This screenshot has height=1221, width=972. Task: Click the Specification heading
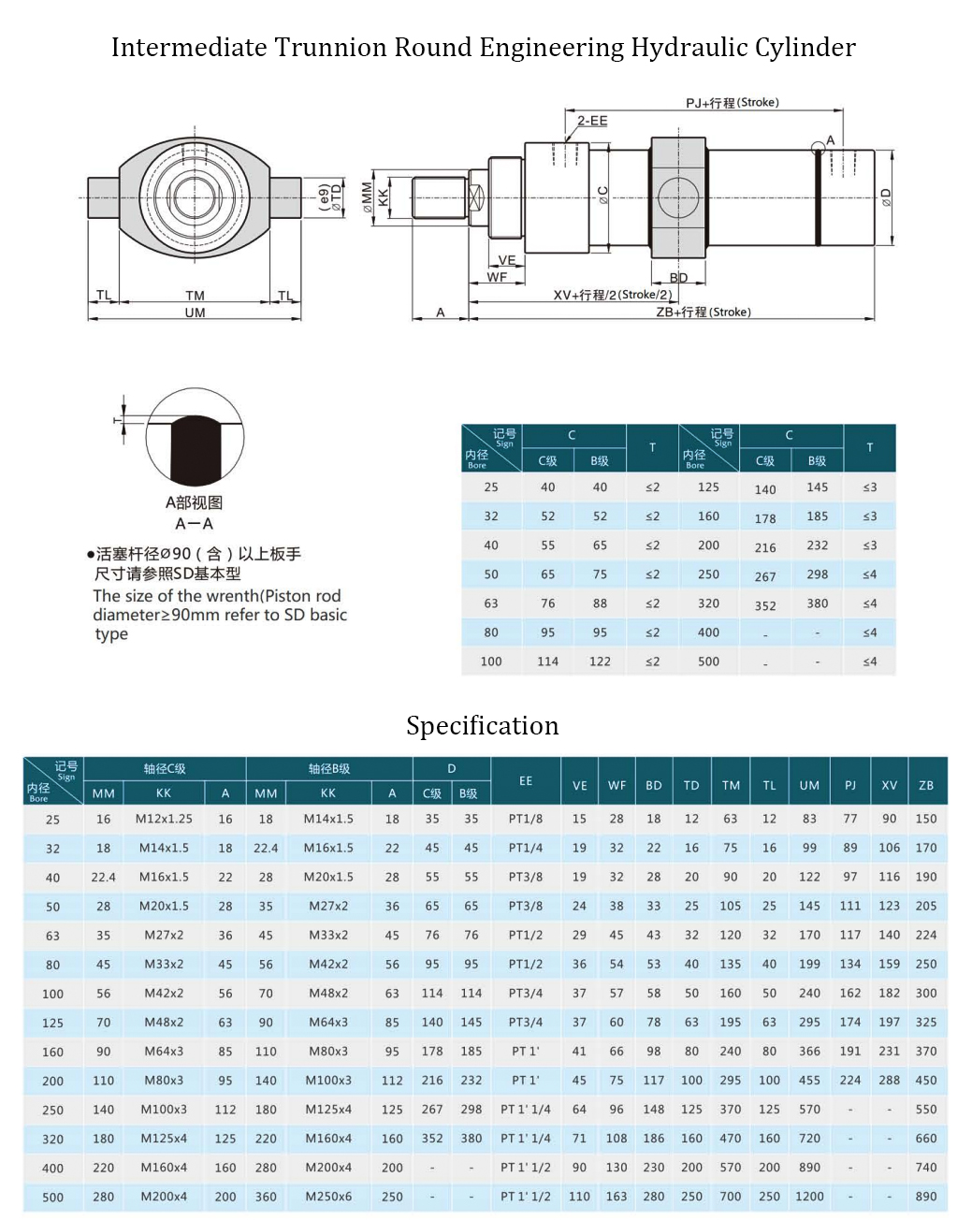(482, 726)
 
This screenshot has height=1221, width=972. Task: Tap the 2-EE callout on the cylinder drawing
(592, 121)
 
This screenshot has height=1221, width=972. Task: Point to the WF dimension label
(497, 277)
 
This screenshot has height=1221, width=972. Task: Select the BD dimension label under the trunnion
(678, 278)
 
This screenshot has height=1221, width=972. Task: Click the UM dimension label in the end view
(195, 313)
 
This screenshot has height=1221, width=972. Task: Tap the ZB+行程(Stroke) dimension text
(703, 313)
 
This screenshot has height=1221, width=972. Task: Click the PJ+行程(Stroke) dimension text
(732, 102)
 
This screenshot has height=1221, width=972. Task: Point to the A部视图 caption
(194, 503)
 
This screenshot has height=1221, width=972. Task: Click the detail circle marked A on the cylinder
(819, 146)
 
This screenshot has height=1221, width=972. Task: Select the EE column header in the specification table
(526, 780)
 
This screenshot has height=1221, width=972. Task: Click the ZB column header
(926, 786)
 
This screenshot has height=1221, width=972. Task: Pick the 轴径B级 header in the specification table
(328, 768)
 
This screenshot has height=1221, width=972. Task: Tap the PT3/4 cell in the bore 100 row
(526, 993)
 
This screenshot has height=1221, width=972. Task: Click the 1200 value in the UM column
(809, 1196)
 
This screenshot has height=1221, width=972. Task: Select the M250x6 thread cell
(327, 1196)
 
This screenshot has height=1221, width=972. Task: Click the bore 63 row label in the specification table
(52, 936)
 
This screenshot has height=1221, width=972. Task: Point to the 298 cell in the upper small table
(817, 574)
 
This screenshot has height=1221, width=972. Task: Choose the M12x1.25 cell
(164, 819)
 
